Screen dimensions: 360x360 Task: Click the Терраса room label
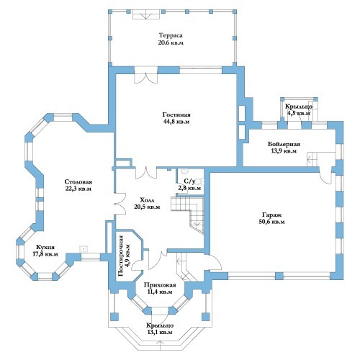click(x=171, y=35)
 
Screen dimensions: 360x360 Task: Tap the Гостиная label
click(x=176, y=114)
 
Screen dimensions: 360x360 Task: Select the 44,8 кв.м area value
click(x=176, y=122)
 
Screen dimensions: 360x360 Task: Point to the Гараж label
click(x=271, y=215)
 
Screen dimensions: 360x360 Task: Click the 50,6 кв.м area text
click(x=271, y=222)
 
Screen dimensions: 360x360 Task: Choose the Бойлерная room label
click(x=284, y=144)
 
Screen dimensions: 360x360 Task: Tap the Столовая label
click(x=78, y=181)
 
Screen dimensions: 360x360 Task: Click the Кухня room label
click(x=45, y=247)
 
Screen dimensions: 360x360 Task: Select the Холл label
click(x=147, y=200)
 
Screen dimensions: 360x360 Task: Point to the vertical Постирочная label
click(x=121, y=256)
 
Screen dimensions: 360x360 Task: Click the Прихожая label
click(x=160, y=285)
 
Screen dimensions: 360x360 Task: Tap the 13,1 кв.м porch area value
click(x=160, y=333)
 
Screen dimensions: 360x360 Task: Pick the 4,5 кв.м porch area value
click(x=299, y=113)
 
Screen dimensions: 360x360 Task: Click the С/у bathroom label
click(x=189, y=181)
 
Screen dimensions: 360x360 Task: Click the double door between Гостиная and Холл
click(x=146, y=174)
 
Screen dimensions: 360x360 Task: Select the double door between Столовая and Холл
click(x=120, y=204)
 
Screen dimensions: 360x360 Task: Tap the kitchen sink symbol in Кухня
click(x=83, y=249)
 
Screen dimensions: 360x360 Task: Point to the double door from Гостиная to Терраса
click(x=146, y=78)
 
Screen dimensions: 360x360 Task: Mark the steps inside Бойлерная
click(x=312, y=159)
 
